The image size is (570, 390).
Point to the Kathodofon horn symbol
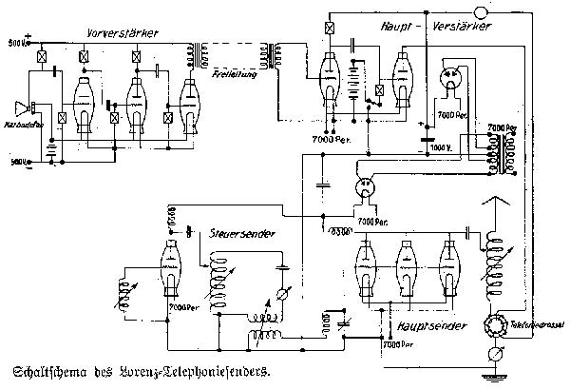coord(20,107)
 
